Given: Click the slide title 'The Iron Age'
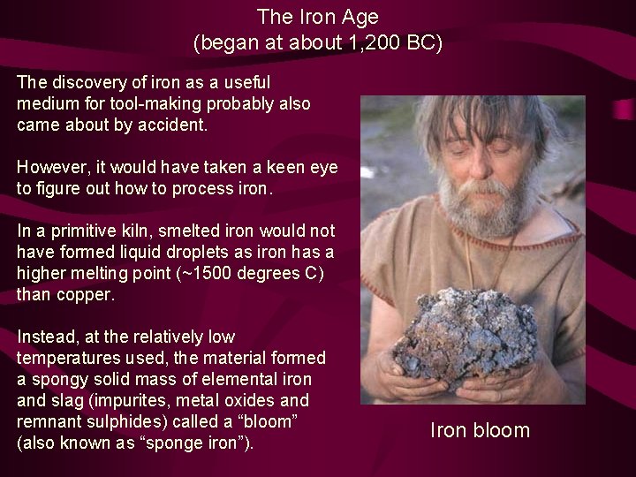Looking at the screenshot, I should click(317, 16).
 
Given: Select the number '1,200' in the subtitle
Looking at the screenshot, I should click(361, 42).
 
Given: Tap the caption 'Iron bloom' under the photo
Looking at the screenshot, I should click(480, 430).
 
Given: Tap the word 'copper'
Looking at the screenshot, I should click(83, 294).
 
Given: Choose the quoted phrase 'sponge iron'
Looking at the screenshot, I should click(198, 443).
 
